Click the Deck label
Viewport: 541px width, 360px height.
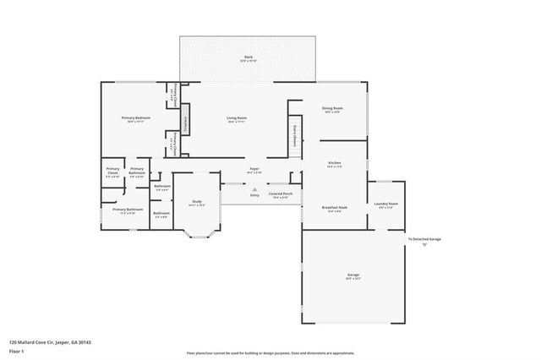[x=247, y=57]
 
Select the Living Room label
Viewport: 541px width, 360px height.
[x=236, y=118]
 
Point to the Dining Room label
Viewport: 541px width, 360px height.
[x=332, y=109]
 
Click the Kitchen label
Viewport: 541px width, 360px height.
[x=334, y=163]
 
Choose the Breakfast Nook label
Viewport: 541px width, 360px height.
[x=334, y=208]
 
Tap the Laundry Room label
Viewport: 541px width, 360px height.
[x=387, y=205]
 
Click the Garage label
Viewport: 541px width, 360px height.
[x=352, y=275]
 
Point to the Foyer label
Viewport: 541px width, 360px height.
[x=254, y=169]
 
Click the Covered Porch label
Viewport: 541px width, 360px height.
[x=281, y=195]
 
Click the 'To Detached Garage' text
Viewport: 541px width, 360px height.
[x=424, y=239]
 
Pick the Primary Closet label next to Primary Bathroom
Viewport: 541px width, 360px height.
[x=113, y=172]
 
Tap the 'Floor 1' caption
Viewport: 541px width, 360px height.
[x=16, y=350]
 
